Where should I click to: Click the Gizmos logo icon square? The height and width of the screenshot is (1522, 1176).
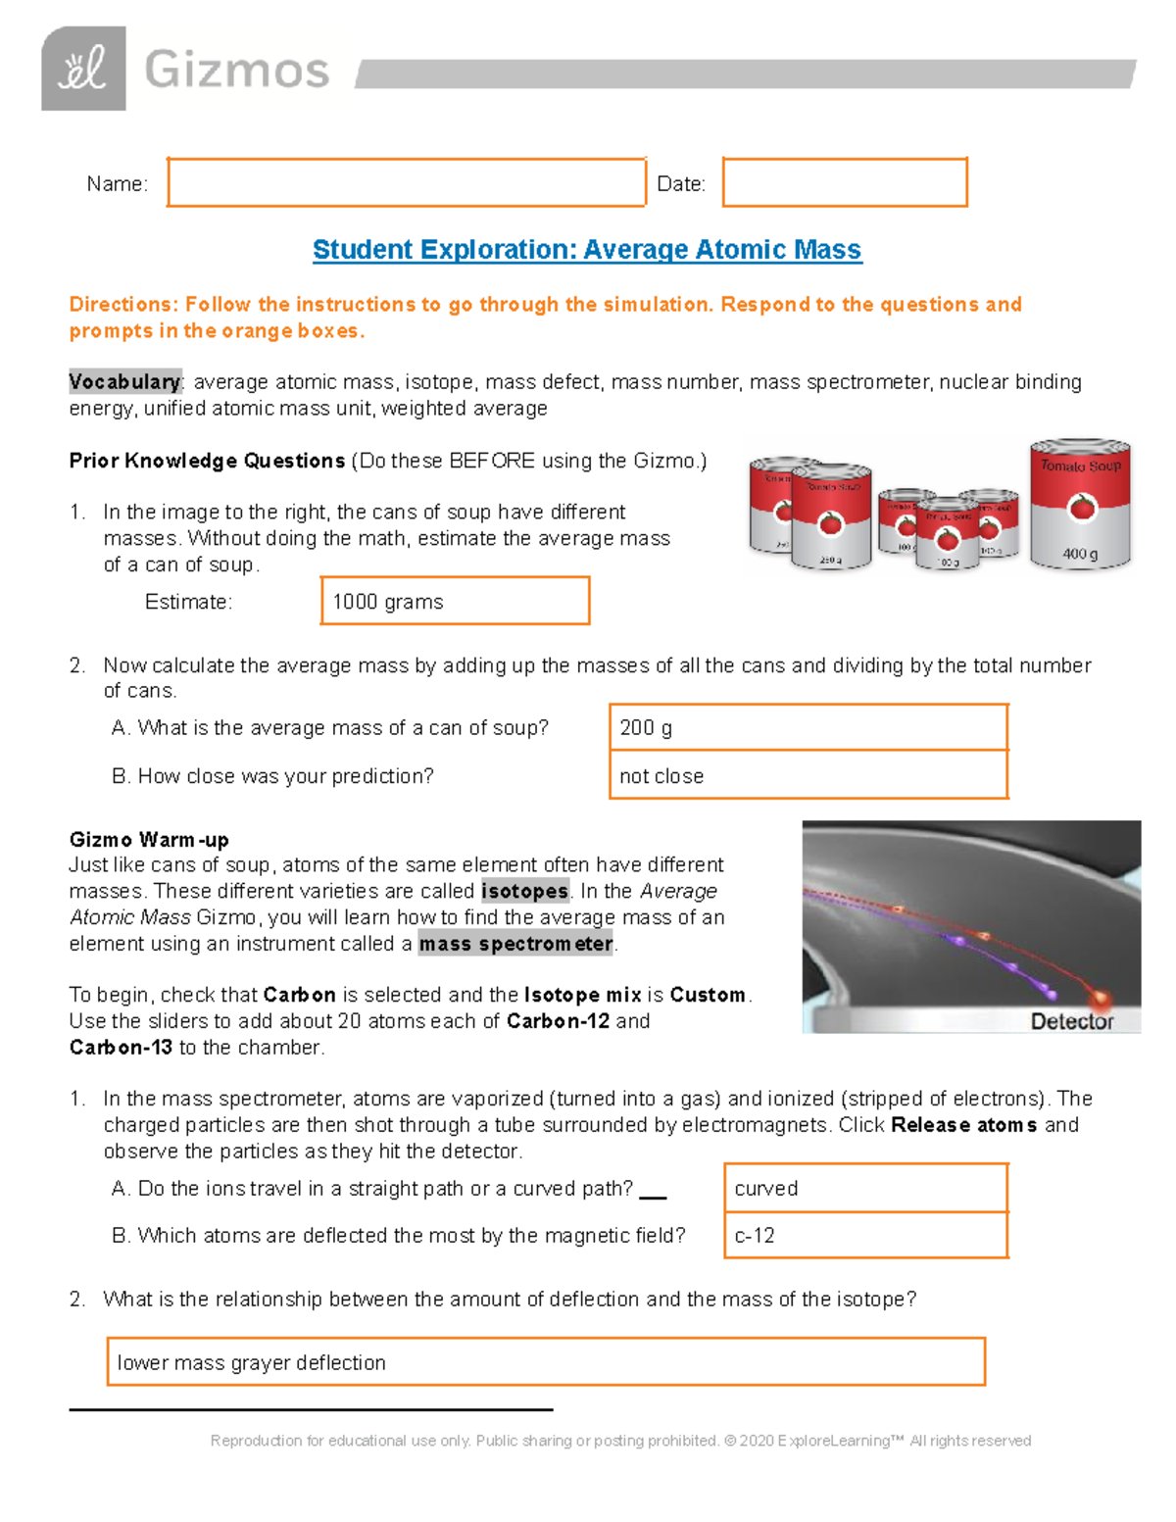[83, 69]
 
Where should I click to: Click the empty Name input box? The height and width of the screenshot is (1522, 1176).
[406, 182]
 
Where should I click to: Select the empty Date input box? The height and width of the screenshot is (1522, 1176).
[845, 182]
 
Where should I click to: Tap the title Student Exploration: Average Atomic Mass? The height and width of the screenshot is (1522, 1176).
[587, 250]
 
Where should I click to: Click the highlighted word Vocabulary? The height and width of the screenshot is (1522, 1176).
[124, 382]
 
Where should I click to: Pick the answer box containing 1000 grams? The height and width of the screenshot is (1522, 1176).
[455, 601]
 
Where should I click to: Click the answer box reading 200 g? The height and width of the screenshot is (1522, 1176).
[808, 727]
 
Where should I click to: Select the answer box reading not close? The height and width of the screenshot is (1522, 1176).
[808, 775]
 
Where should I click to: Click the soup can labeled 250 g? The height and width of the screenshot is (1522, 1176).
[831, 517]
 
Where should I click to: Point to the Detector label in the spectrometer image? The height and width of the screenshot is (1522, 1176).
[1071, 1021]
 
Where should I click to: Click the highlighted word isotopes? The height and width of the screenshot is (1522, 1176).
[524, 892]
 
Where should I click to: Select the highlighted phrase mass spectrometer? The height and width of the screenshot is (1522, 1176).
[515, 944]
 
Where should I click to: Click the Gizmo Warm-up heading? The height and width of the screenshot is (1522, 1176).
[149, 840]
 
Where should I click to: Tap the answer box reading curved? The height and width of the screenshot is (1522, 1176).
[865, 1188]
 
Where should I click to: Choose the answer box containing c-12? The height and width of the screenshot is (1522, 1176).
[865, 1235]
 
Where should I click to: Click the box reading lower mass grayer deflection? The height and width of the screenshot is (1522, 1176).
[545, 1362]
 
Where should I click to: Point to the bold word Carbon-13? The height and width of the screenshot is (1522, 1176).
[121, 1048]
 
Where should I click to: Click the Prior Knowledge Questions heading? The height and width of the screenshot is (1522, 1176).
[207, 461]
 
